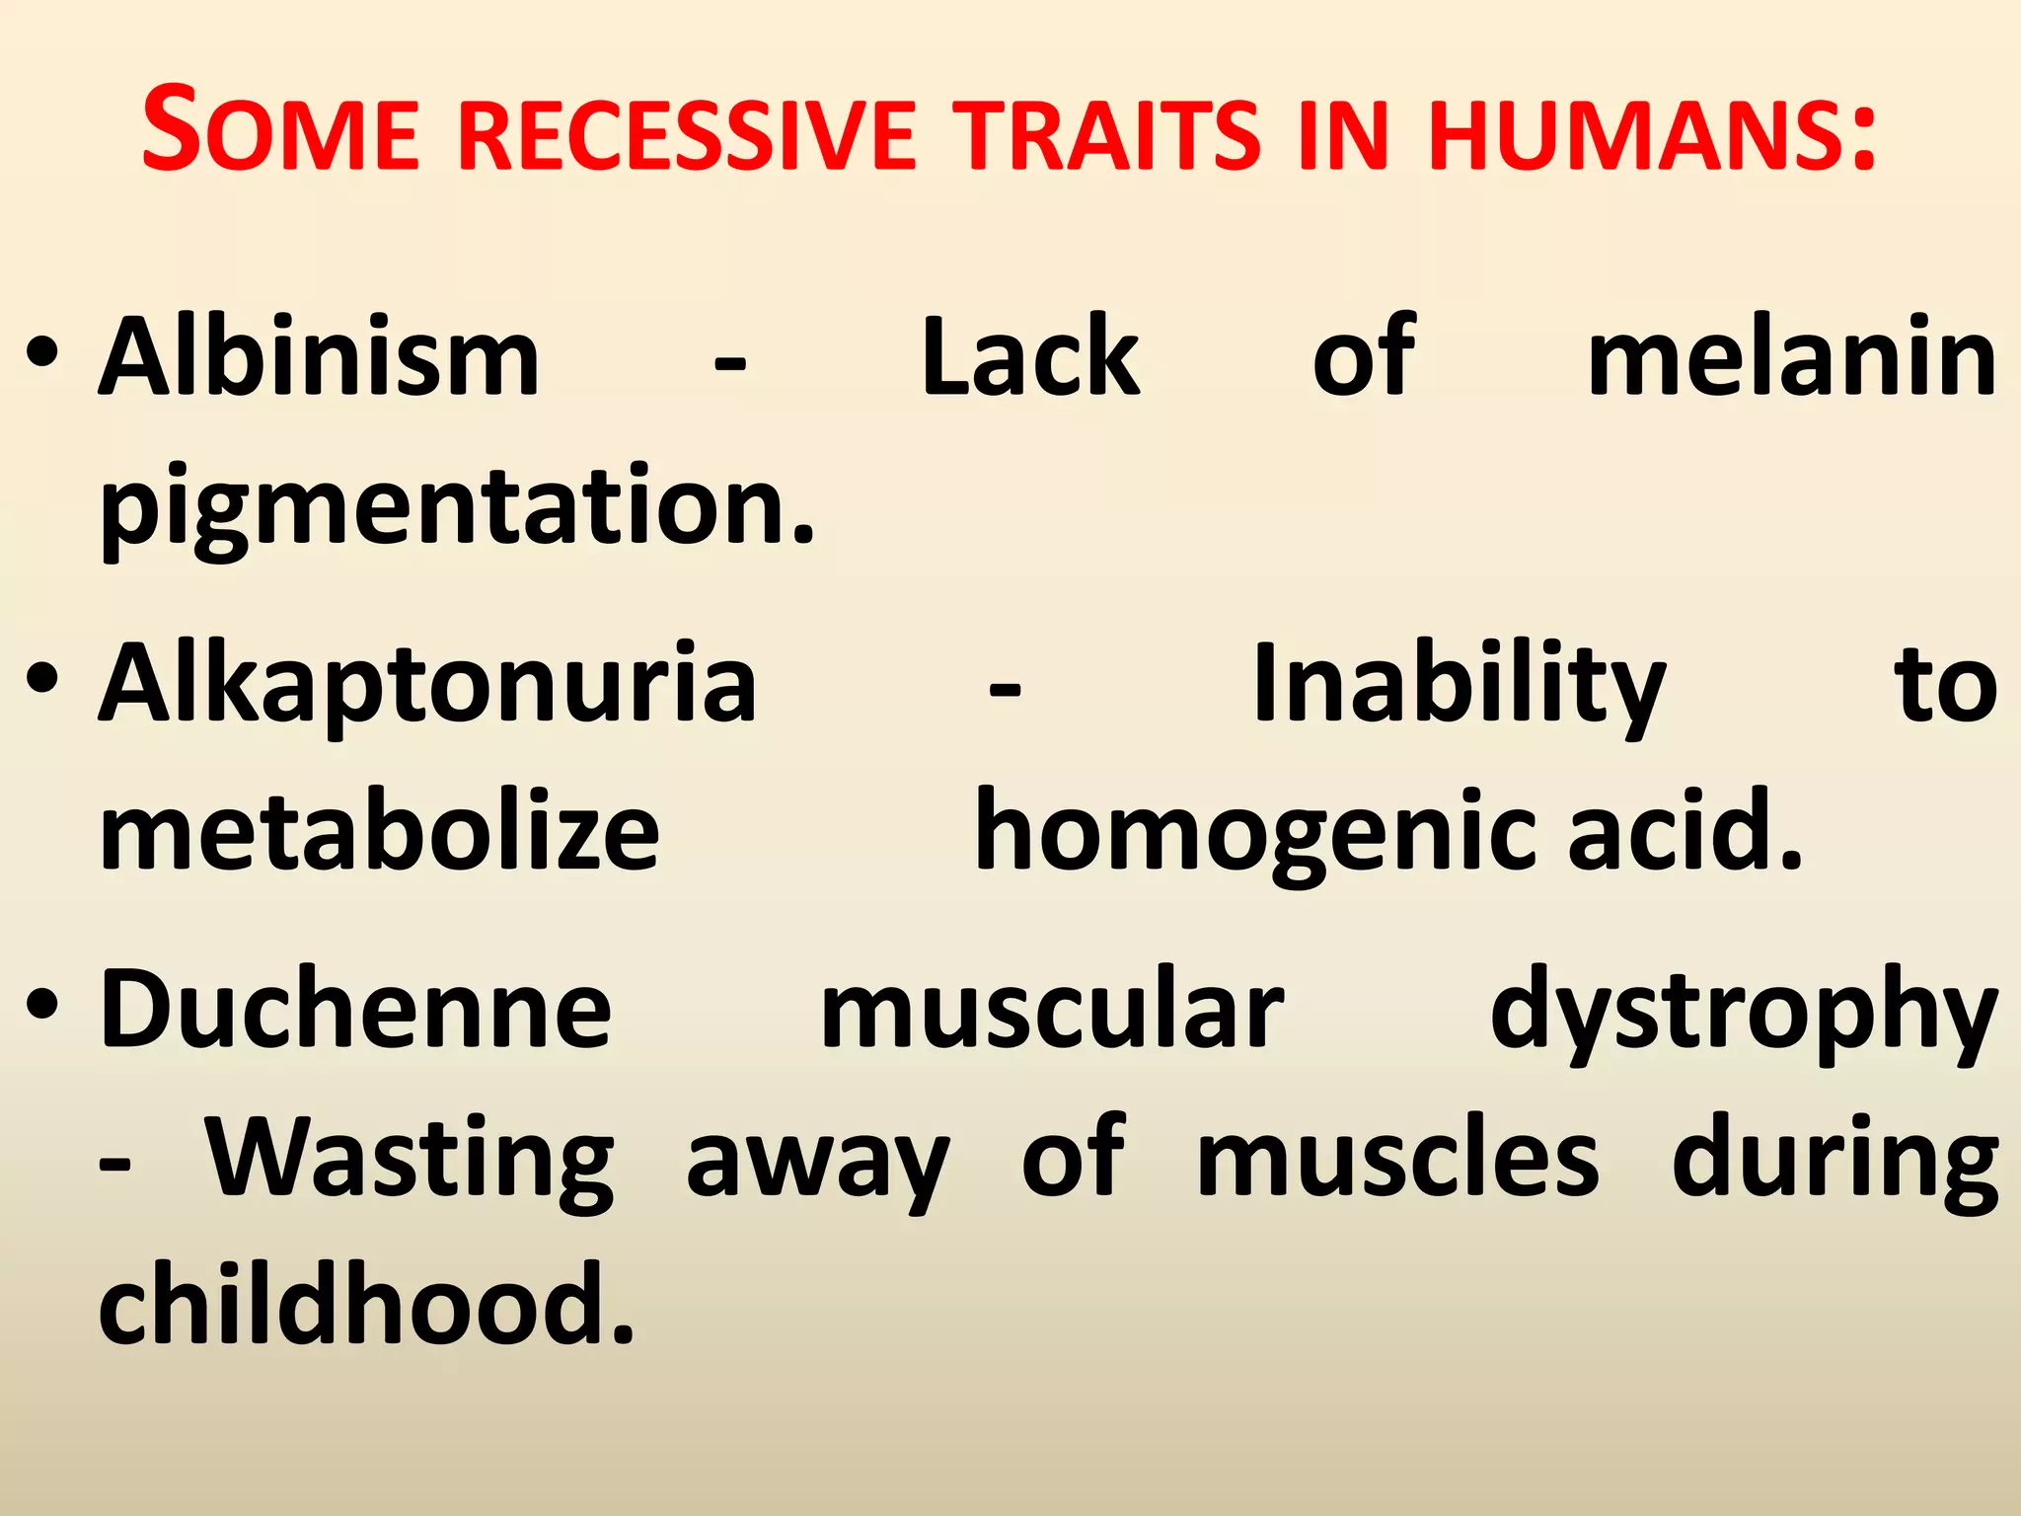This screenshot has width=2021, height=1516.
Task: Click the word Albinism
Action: click(319, 357)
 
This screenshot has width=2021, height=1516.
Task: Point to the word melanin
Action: click(1792, 357)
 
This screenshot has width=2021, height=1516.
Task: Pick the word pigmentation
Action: click(457, 508)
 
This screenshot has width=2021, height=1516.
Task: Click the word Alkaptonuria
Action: click(427, 684)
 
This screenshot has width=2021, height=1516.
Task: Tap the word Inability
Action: click(1459, 684)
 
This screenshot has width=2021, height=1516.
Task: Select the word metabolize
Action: click(380, 832)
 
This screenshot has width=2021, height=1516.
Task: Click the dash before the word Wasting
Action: click(114, 1165)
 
